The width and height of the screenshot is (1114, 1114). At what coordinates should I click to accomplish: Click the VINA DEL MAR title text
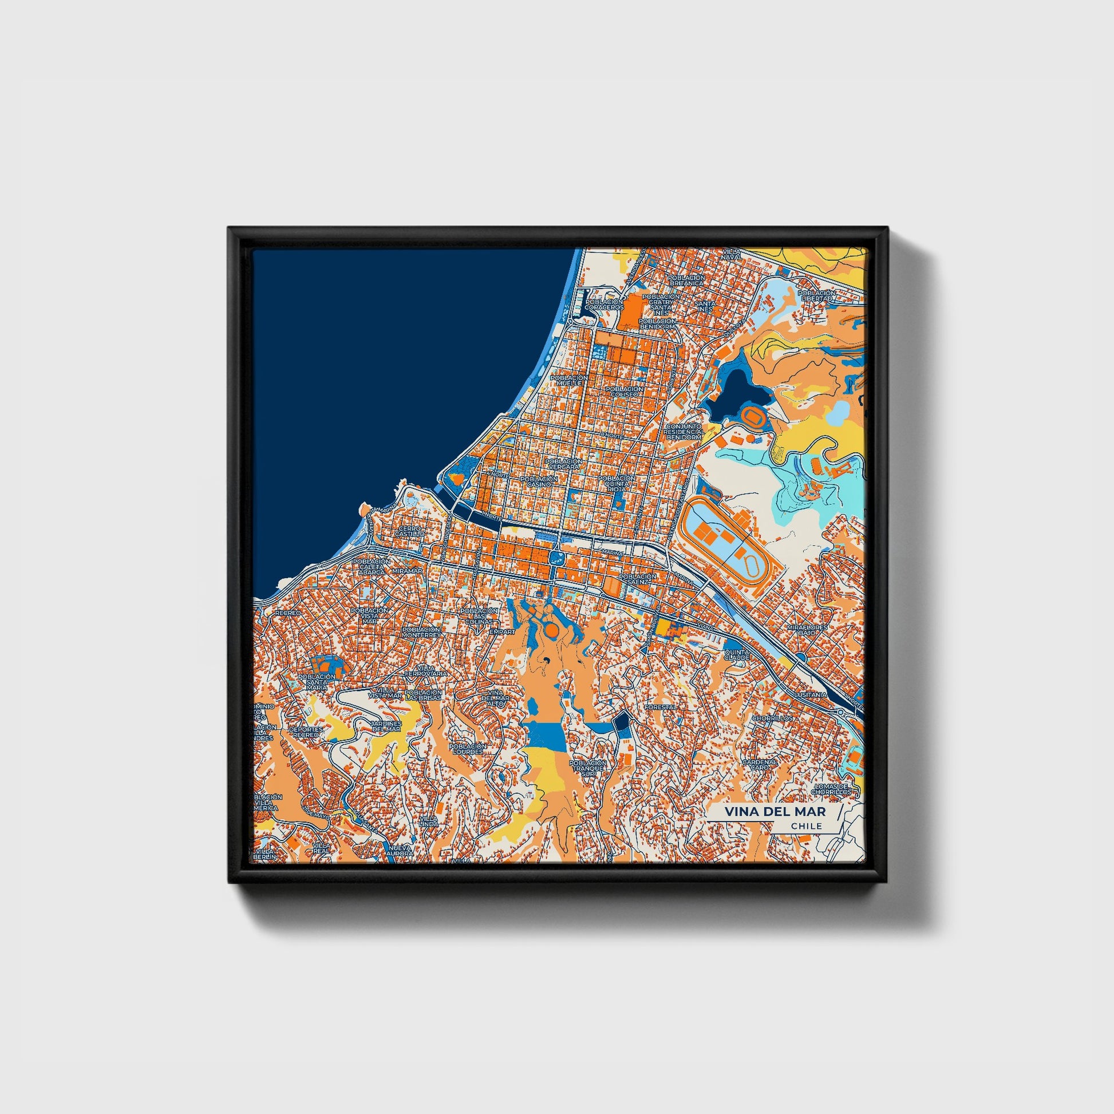click(775, 811)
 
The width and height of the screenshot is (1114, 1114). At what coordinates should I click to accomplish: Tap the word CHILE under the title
click(807, 826)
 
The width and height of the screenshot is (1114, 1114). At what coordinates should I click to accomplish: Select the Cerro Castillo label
click(409, 531)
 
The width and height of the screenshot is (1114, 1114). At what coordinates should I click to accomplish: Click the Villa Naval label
click(731, 255)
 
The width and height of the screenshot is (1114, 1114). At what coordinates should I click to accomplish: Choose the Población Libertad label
click(816, 296)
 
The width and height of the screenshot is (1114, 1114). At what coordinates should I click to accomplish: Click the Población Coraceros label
click(605, 305)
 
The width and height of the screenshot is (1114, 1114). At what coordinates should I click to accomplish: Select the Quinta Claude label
click(737, 654)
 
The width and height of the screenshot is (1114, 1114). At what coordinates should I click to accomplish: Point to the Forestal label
click(660, 706)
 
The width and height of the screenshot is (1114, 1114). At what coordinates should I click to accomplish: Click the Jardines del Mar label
click(386, 726)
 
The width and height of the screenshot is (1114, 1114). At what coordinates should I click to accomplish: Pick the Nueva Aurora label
click(400, 851)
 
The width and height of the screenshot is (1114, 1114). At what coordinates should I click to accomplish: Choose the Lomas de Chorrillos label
click(831, 789)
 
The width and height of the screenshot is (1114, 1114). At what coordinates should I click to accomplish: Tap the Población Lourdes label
click(467, 749)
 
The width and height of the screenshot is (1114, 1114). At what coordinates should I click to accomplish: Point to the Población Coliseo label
click(625, 392)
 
